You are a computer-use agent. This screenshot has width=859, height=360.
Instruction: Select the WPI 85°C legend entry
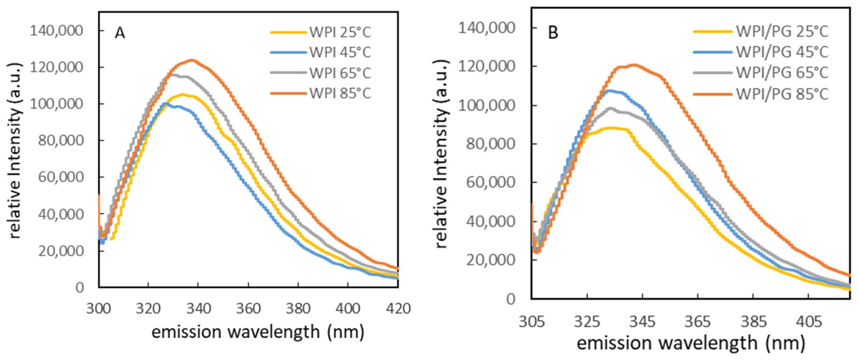click(340, 93)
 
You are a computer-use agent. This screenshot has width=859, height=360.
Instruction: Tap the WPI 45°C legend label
click(340, 53)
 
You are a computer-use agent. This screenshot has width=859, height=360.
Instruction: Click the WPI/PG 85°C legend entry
click(782, 94)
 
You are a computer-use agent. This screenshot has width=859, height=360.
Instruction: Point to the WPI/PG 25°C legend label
click(782, 32)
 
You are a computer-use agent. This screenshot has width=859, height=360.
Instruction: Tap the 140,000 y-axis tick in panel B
click(487, 28)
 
